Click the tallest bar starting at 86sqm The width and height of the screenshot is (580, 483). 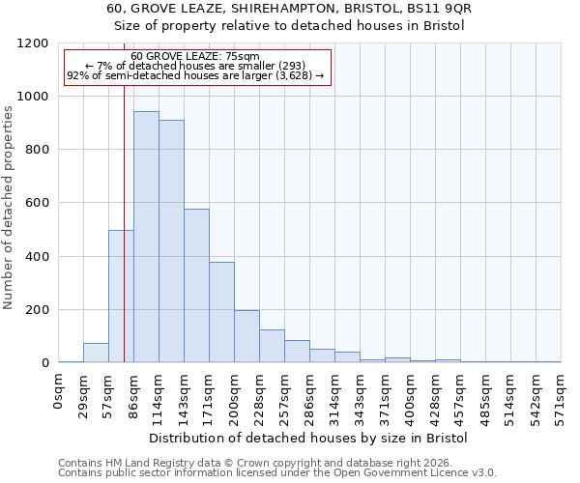pos(146,237)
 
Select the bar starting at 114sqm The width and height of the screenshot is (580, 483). pos(171,241)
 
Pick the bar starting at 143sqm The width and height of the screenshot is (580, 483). pos(196,286)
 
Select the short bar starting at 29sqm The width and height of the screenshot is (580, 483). pos(96,353)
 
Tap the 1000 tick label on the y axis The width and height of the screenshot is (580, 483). pos(35,97)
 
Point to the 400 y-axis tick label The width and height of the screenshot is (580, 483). pos(39,257)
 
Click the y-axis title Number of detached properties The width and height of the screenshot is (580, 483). pos(10,208)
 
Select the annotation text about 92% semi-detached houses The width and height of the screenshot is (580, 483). pos(196,75)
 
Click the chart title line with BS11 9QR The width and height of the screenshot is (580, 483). pos(289,8)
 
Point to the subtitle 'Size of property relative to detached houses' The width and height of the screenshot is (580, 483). pos(289,26)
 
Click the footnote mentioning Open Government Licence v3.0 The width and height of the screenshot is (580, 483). pos(277,472)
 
